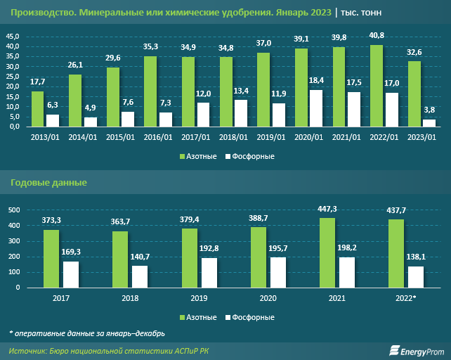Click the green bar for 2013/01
pyautogui.click(x=38, y=109)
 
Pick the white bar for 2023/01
pyautogui.click(x=429, y=123)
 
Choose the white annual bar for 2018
pyautogui.click(x=140, y=276)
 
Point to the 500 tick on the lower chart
pyautogui.click(x=13, y=210)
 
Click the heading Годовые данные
pyautogui.click(x=48, y=183)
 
